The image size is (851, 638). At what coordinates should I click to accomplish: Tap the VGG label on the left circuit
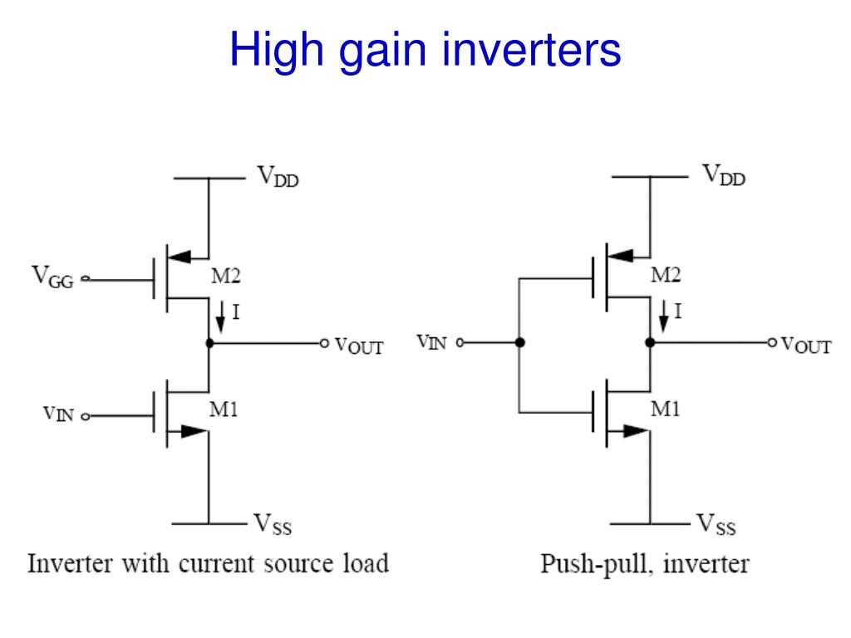pos(52,276)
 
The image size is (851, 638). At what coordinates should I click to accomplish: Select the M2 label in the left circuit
pos(226,276)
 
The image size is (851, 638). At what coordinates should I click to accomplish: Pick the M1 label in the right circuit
pos(666,409)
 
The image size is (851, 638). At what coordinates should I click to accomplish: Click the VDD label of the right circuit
pos(724,175)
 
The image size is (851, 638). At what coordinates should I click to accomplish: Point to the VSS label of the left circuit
pos(273,524)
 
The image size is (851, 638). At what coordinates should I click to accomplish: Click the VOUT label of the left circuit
pos(359,346)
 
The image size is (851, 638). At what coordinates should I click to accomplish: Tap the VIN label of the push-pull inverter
pos(431,341)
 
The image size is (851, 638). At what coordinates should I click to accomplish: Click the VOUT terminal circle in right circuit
pos(772,342)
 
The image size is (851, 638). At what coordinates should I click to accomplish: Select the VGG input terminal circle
pos(86,279)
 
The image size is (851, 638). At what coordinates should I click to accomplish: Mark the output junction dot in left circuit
pos(209,343)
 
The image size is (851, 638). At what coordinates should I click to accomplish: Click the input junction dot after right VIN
pos(520,342)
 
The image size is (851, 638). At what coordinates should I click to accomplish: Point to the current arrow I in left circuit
pos(220,317)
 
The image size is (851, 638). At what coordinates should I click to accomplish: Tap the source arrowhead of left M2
pos(180,257)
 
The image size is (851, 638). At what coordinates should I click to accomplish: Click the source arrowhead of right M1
pos(636,431)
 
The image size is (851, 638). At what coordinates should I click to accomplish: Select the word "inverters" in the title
pos(532,50)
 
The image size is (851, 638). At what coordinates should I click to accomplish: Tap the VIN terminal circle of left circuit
pos(86,417)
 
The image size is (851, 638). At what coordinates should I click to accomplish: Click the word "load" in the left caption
pos(366,563)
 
